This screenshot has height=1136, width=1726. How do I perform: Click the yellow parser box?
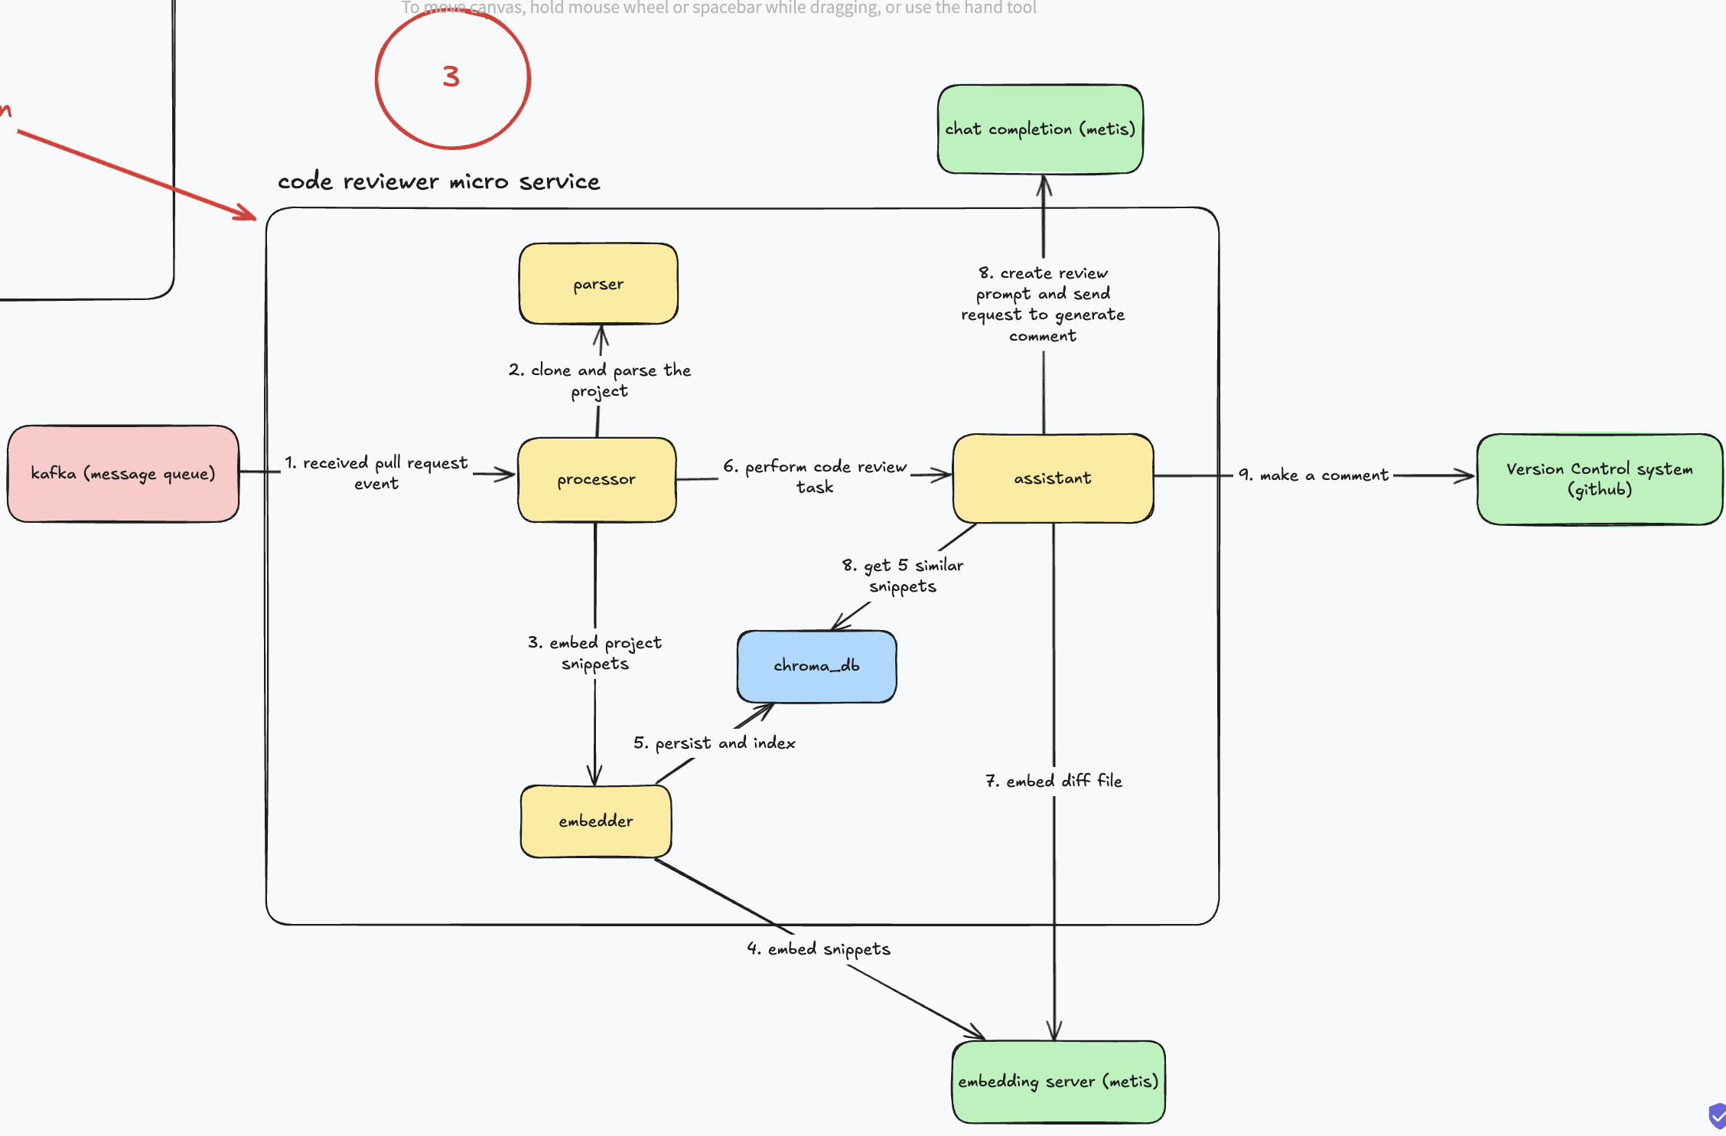(598, 284)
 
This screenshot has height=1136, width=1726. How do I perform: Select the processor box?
(597, 480)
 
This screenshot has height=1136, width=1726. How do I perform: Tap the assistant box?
(1053, 478)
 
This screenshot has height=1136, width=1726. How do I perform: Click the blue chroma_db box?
(816, 666)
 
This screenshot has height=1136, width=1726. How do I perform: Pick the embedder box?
(596, 821)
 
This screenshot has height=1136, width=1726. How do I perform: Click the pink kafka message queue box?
(123, 474)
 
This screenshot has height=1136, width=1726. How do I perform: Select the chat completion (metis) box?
(1040, 129)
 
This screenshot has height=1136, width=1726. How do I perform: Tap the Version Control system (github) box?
(1599, 479)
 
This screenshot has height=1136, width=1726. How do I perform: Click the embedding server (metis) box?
(1058, 1082)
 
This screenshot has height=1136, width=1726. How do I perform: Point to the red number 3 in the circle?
(451, 77)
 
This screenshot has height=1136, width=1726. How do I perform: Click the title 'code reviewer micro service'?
(438, 181)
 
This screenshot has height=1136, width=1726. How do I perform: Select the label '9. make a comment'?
(1313, 475)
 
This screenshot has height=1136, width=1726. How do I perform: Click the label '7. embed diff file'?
(1054, 781)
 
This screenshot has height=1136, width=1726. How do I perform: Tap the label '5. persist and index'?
(715, 743)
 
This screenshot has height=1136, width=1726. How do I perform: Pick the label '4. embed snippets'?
(819, 949)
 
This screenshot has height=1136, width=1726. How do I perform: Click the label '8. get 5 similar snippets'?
(903, 576)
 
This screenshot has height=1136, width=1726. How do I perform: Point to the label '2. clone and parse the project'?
(600, 380)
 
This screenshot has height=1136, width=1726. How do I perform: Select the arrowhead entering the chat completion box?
(1044, 184)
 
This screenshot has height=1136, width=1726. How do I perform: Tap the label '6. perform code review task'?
(815, 476)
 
